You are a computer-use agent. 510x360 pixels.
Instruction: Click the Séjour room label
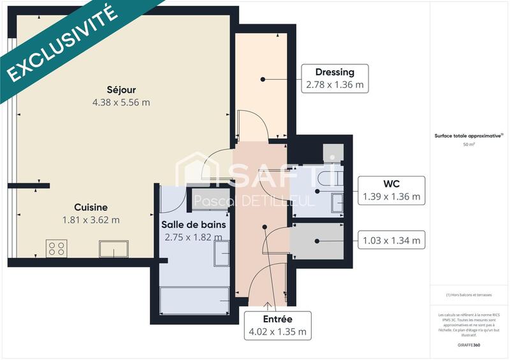(121, 90)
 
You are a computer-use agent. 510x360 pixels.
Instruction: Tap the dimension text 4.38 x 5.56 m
(121, 102)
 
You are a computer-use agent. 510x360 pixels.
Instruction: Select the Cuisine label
(91, 207)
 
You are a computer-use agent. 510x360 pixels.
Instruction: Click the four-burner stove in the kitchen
(57, 248)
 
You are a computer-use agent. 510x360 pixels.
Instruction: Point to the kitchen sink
(113, 248)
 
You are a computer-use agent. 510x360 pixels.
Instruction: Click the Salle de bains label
(193, 224)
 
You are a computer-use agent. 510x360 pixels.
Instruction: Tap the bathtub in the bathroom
(194, 299)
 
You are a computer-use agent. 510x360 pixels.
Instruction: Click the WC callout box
(392, 191)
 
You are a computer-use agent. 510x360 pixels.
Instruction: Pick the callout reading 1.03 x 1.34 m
(392, 240)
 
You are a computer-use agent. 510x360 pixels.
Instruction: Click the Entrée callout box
(277, 325)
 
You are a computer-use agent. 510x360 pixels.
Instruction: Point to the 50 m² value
(469, 145)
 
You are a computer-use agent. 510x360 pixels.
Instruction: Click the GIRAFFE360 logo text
(469, 344)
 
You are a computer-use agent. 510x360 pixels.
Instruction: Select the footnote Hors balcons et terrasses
(469, 295)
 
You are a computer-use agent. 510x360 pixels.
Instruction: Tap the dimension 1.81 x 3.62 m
(91, 220)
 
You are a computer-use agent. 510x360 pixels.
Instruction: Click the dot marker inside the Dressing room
(262, 79)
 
